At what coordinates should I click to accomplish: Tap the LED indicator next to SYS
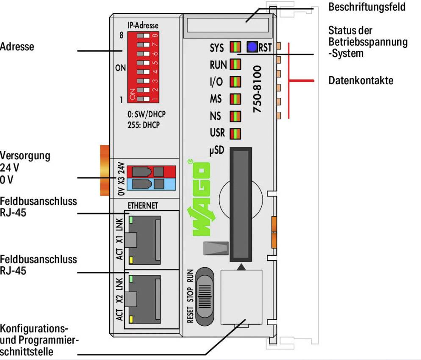(235, 47)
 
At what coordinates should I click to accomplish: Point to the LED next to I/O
(235, 81)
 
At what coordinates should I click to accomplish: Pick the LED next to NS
(235, 116)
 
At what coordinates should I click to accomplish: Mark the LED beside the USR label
(235, 133)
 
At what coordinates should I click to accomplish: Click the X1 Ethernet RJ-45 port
(146, 239)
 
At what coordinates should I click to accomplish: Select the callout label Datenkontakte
(360, 80)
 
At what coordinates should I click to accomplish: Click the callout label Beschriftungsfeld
(367, 7)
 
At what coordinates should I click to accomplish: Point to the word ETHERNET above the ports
(143, 205)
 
